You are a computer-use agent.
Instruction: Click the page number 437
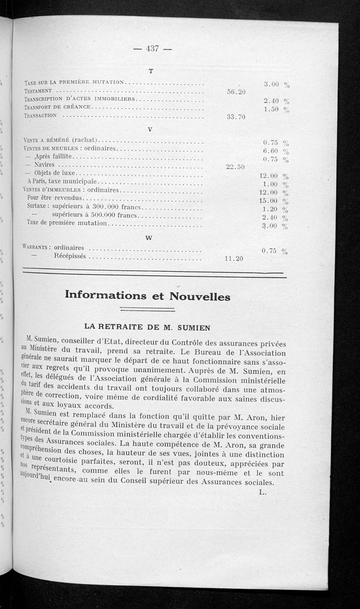(x=153, y=49)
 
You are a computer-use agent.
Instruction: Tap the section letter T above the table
(x=151, y=71)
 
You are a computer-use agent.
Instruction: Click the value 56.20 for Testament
(x=236, y=92)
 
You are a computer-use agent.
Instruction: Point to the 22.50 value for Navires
(x=235, y=167)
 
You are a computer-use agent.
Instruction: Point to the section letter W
(x=149, y=237)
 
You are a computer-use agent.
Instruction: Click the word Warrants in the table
(x=35, y=247)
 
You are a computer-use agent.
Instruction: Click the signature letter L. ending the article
(x=263, y=492)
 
